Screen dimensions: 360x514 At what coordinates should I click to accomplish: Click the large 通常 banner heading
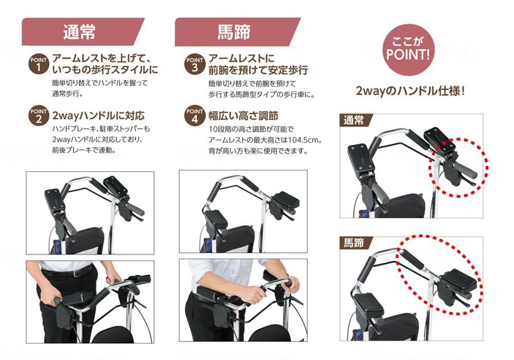click(80, 32)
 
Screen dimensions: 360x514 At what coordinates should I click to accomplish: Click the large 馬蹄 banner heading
click(234, 32)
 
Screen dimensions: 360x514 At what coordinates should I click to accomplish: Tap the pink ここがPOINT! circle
click(407, 49)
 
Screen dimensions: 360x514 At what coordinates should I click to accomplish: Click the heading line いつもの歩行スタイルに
click(105, 69)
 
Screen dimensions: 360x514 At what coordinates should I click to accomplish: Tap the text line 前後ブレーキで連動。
click(84, 151)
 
